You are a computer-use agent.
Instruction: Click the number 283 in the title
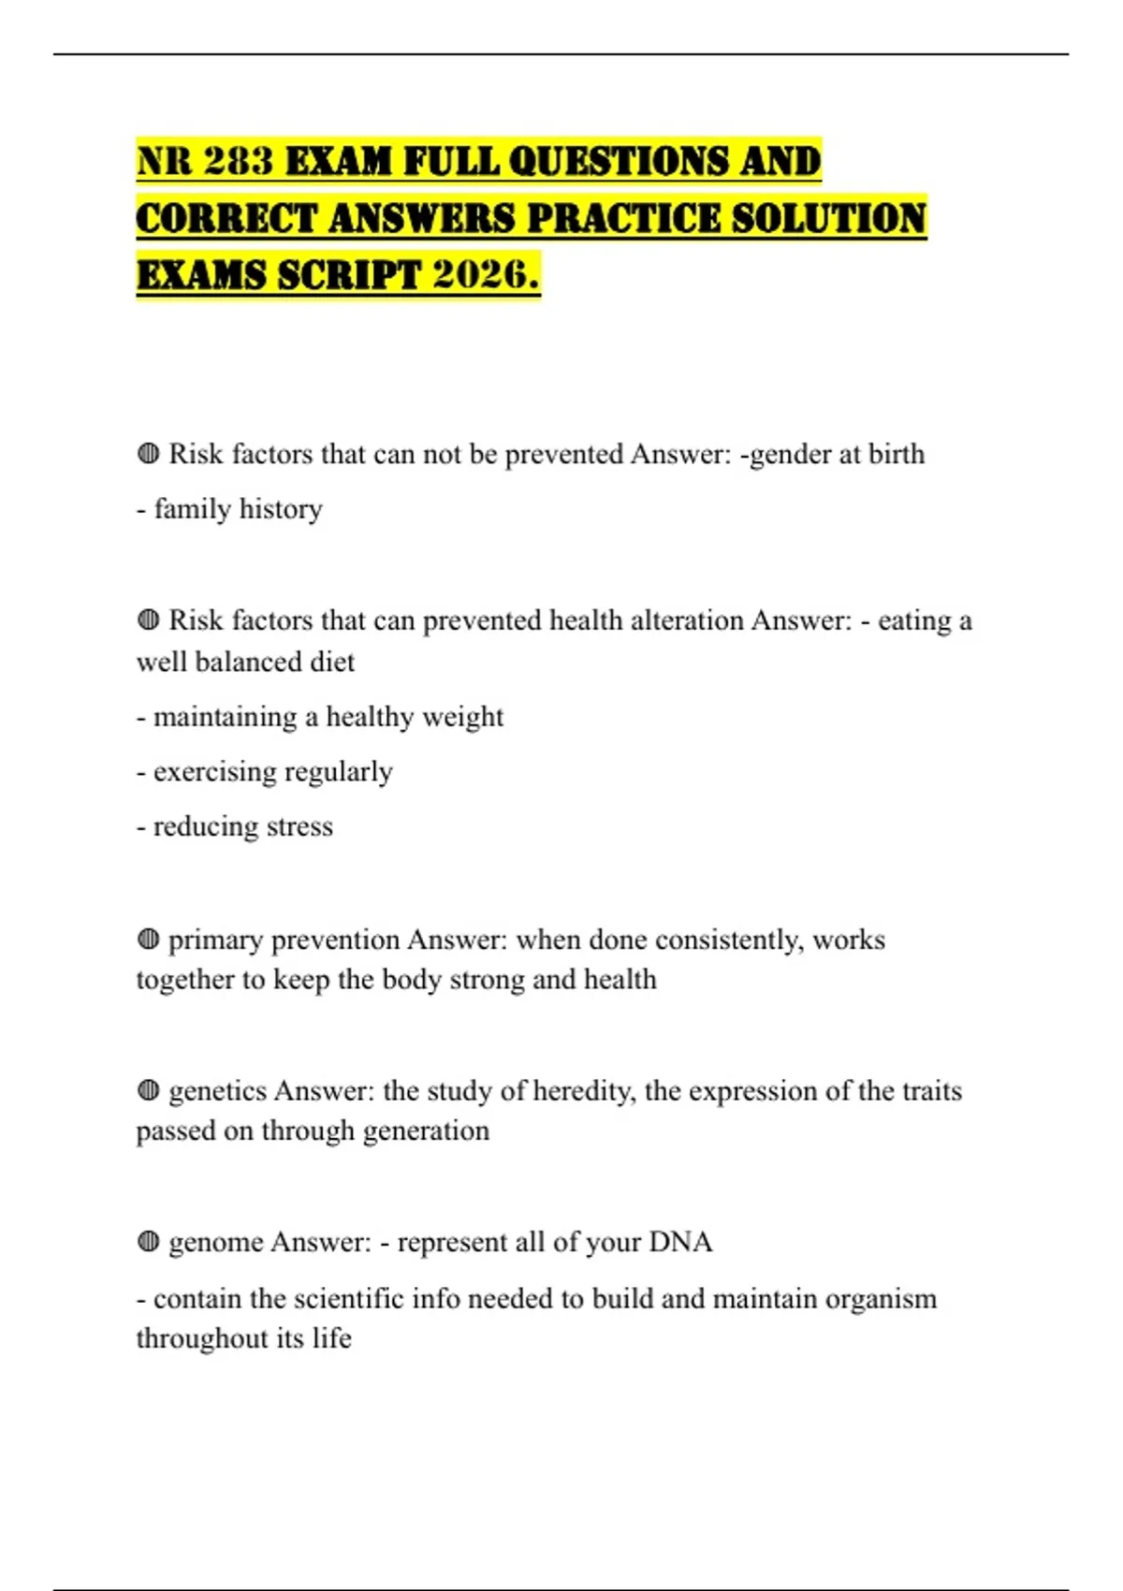point(238,161)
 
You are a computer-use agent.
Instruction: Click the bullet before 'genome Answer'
point(148,1242)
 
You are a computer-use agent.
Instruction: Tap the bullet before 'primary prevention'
point(148,939)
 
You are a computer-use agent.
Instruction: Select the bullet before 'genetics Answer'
point(148,1090)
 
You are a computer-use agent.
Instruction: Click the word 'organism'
point(877,1299)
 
